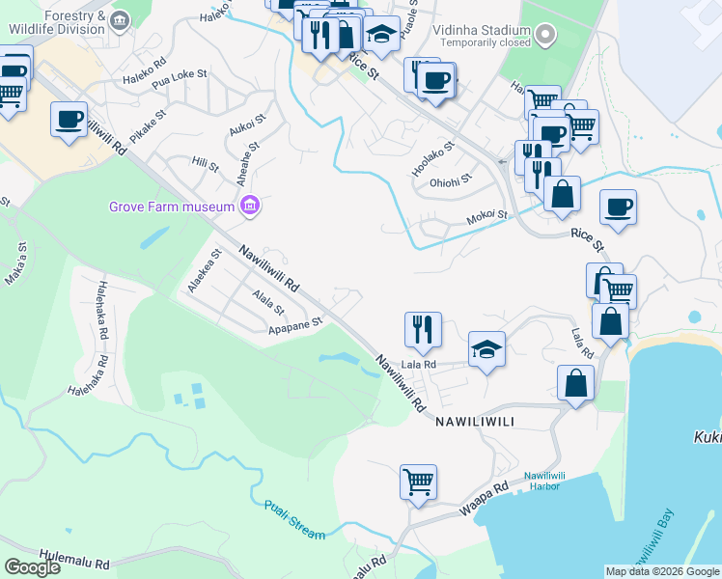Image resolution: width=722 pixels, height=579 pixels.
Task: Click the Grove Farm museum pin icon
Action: (250, 206)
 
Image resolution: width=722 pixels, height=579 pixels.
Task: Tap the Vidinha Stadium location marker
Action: (545, 36)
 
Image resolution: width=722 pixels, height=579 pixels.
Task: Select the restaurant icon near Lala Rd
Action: (423, 328)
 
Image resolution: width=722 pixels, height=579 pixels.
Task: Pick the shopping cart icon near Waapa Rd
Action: (418, 480)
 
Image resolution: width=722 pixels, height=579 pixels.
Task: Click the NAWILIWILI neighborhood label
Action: (483, 423)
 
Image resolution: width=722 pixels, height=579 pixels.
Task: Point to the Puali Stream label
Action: (294, 518)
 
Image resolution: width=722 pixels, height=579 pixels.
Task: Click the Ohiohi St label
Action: (451, 179)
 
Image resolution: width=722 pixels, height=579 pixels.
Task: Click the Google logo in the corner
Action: (32, 567)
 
